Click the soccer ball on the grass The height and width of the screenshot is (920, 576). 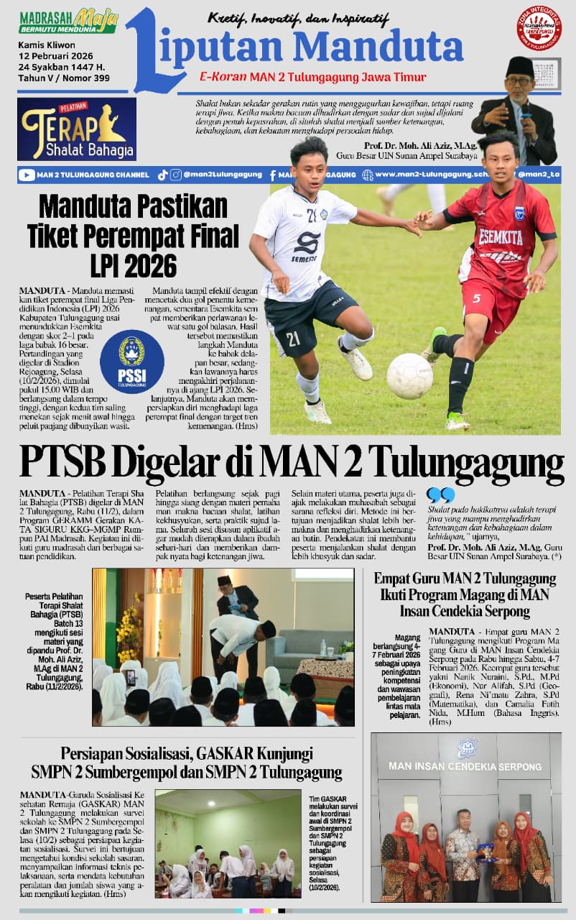click(x=409, y=375)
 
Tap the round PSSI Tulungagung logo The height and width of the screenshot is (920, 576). click(x=131, y=362)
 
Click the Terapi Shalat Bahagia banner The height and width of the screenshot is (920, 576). click(x=77, y=129)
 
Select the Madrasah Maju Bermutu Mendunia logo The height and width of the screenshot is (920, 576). click(x=68, y=22)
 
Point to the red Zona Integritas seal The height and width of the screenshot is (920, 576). click(x=539, y=28)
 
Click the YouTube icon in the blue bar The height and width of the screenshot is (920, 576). click(x=27, y=175)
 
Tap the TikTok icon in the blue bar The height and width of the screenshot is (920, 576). click(x=162, y=175)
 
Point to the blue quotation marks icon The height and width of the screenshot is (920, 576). click(x=440, y=494)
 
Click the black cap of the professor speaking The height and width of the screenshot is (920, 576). click(x=520, y=67)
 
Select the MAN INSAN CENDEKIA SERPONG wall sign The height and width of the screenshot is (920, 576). click(x=465, y=765)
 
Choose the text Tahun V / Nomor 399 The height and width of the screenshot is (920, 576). click(x=63, y=78)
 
